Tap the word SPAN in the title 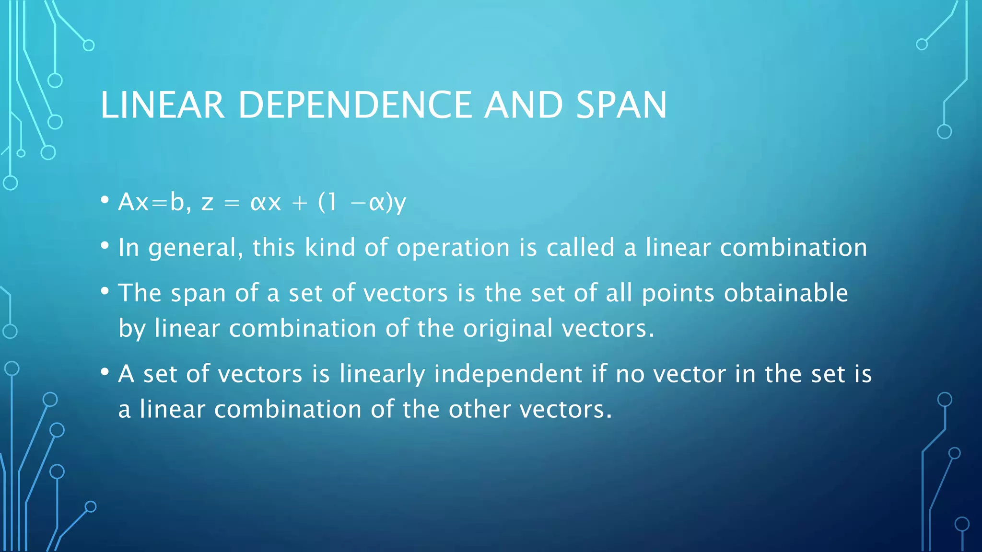[x=621, y=105]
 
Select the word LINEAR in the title [x=163, y=105]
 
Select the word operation [x=453, y=248]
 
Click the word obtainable [x=786, y=293]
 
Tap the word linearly [x=382, y=374]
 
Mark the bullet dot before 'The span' [x=105, y=291]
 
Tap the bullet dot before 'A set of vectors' [x=105, y=372]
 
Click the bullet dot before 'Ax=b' [x=105, y=200]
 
